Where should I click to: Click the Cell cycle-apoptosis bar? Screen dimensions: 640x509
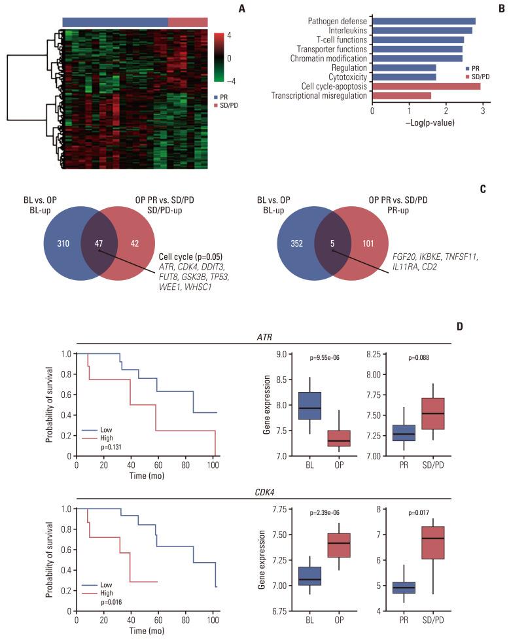point(426,86)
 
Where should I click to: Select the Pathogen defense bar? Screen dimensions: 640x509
point(424,21)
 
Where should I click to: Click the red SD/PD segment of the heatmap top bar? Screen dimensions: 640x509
point(188,22)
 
